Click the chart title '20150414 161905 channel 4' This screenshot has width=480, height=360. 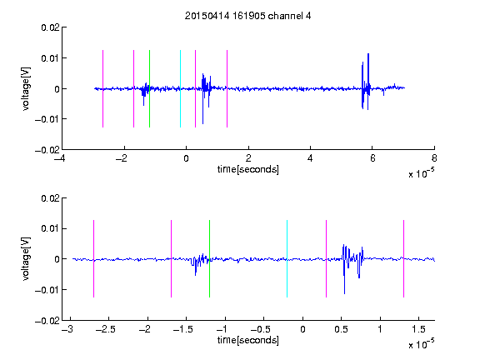(247, 16)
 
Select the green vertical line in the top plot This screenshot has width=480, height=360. (149, 88)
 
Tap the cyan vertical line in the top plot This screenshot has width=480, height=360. (180, 88)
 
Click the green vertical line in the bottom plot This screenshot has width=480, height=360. (209, 258)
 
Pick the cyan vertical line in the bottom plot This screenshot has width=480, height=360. (287, 258)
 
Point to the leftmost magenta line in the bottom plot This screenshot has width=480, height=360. (93, 258)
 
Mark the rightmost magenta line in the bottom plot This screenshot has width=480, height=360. (403, 258)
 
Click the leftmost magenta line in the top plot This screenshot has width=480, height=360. (102, 88)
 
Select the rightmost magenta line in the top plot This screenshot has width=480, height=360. (227, 88)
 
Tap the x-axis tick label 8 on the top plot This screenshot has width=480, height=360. (434, 158)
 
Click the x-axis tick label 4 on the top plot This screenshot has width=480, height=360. (310, 158)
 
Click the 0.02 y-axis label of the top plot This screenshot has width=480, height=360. (50, 27)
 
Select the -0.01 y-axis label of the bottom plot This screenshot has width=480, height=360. (47, 290)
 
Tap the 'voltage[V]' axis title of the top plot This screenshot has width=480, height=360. (27, 89)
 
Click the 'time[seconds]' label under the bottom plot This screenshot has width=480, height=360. (248, 340)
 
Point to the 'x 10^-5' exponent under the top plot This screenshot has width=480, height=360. (421, 172)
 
